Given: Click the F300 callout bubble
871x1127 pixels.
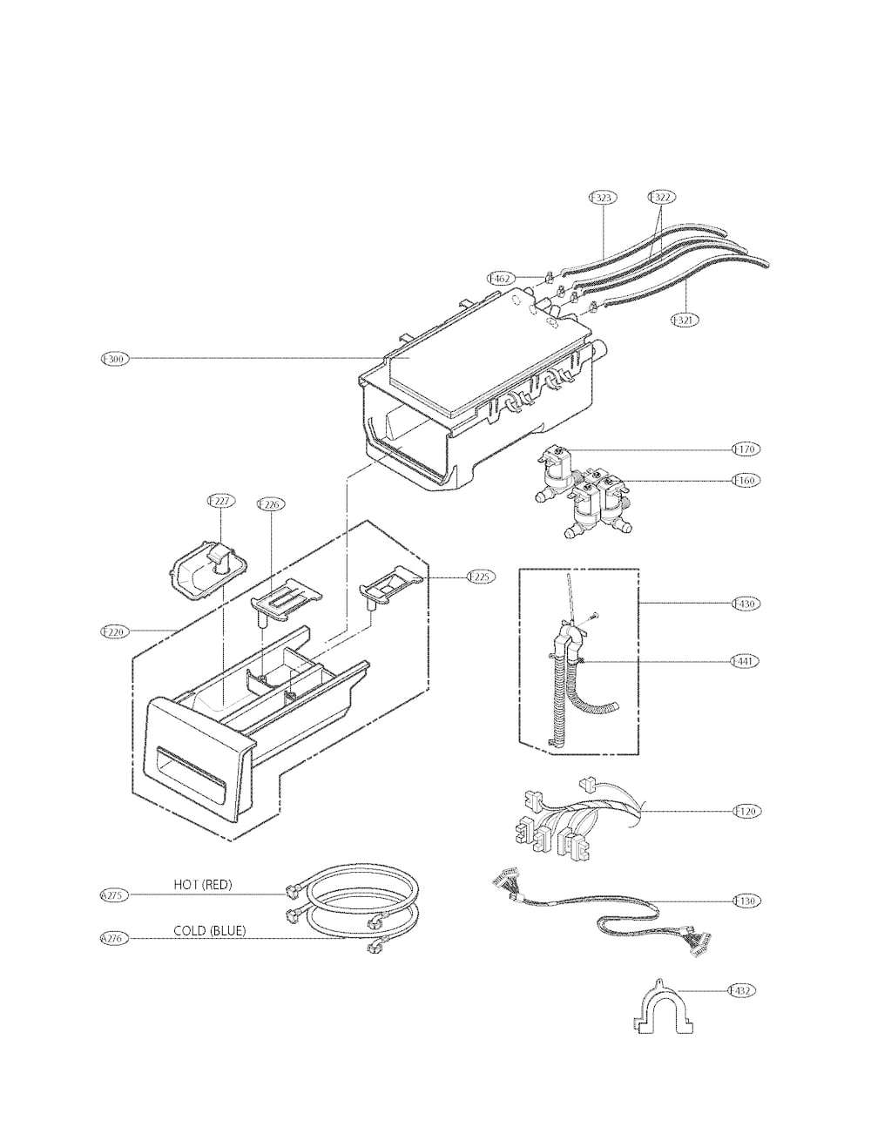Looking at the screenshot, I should [114, 358].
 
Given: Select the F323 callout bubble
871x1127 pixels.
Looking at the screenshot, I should [602, 198].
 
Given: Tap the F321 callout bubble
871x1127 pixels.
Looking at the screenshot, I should [684, 320].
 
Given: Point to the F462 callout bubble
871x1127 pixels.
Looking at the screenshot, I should [500, 278].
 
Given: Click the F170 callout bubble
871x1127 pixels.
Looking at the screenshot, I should [746, 449].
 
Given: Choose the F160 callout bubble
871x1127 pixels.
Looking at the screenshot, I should [746, 480].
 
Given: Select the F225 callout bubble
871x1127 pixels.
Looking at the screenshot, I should [480, 577].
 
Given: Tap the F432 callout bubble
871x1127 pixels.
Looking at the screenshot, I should [742, 990].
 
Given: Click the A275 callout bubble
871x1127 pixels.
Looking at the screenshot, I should [114, 894].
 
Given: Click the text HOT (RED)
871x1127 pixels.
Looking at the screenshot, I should [203, 885].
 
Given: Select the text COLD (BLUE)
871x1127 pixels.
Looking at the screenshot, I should [209, 931].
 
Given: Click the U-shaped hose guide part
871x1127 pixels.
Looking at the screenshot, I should [663, 1012].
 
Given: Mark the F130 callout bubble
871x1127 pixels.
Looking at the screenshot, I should [746, 901].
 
